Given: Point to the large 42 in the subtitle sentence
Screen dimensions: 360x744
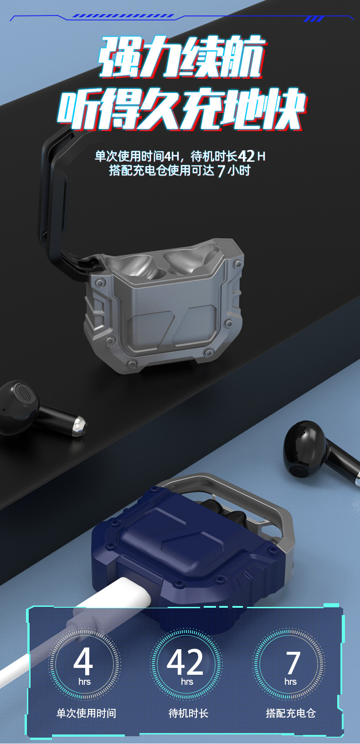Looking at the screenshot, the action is click(x=246, y=156).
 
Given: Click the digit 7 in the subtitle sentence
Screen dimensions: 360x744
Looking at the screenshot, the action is click(x=221, y=171).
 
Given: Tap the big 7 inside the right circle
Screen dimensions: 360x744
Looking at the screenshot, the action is click(x=293, y=662).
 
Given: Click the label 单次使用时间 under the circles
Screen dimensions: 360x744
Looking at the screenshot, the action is click(x=86, y=713).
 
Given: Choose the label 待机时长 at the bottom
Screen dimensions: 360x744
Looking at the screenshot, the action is click(x=188, y=713).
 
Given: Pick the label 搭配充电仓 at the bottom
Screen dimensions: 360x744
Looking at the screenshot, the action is click(x=291, y=713).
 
